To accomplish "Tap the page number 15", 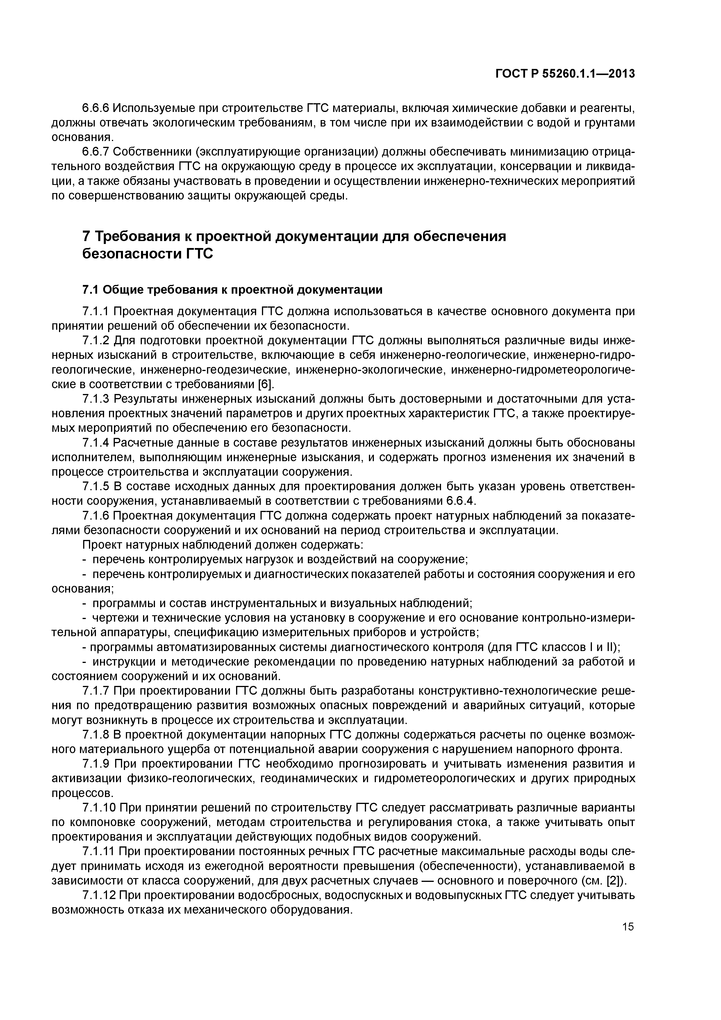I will coord(628,926).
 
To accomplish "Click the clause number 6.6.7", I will coord(96,152).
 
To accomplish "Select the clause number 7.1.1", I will coord(96,311).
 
